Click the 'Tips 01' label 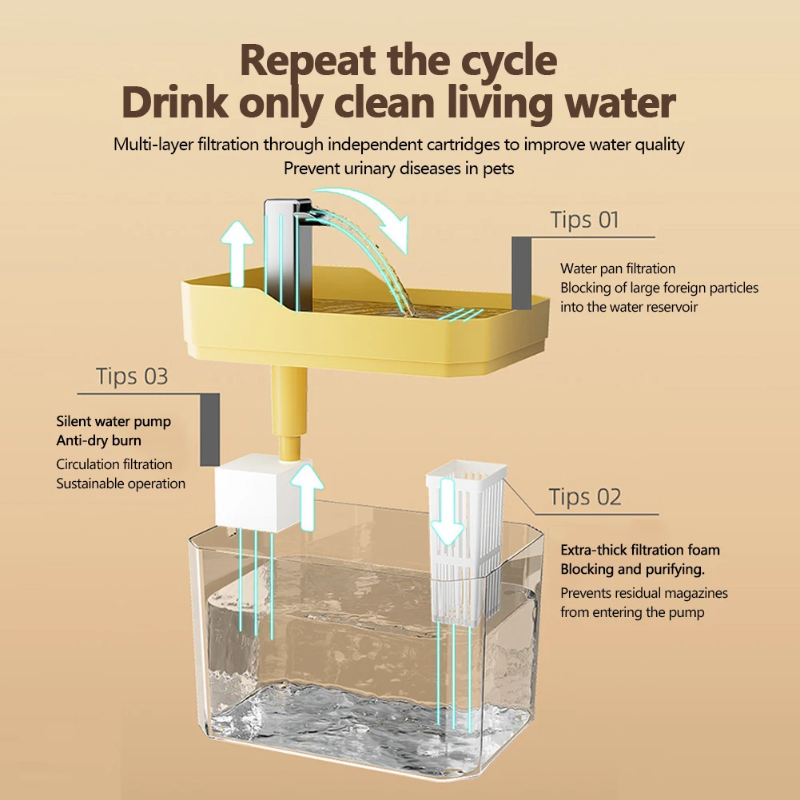tap(584, 220)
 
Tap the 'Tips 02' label tap(585, 497)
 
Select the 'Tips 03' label tap(132, 376)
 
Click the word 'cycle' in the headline tap(508, 62)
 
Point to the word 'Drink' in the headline tap(175, 103)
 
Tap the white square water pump tap(257, 492)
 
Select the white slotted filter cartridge tap(466, 543)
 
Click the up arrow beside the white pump tap(307, 497)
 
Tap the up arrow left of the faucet tap(237, 253)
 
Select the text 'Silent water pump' tap(113, 422)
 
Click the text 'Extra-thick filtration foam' tap(640, 550)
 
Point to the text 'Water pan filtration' tap(617, 269)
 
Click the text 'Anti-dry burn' tap(98, 441)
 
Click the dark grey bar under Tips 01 tap(521, 273)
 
